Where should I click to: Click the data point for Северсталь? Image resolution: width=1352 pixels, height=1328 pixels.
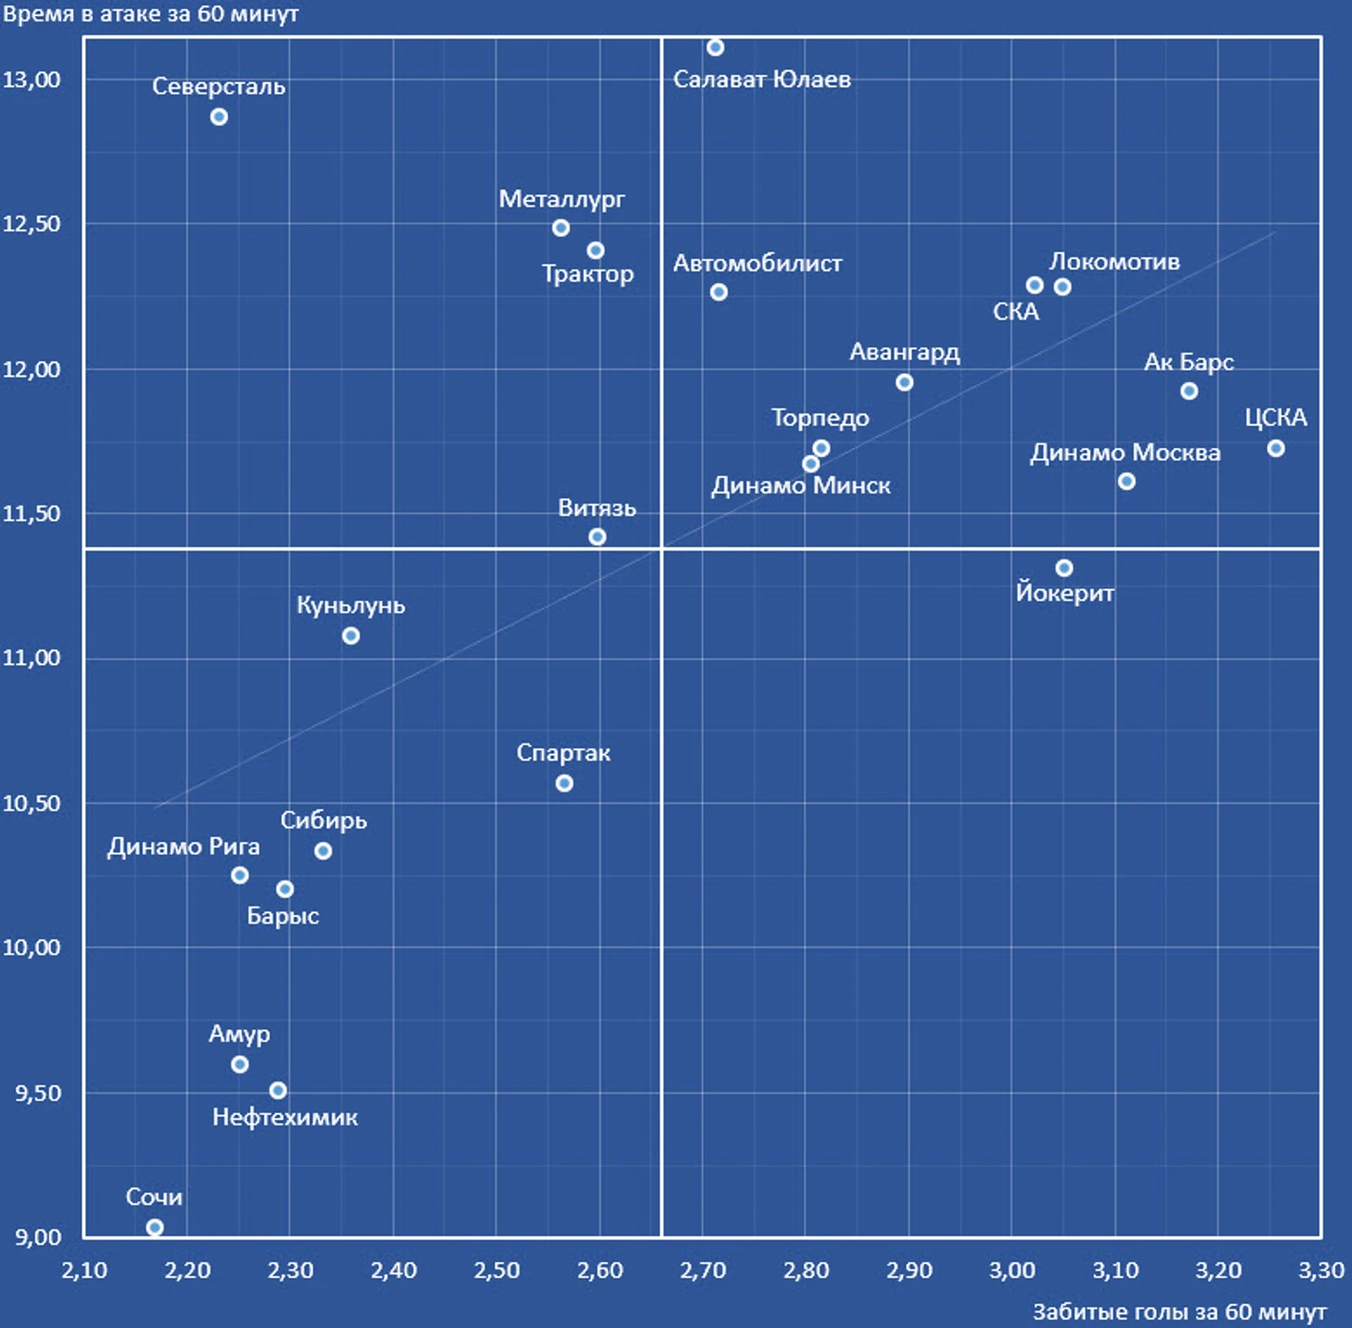click(219, 117)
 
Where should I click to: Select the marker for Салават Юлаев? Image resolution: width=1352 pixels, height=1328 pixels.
click(715, 47)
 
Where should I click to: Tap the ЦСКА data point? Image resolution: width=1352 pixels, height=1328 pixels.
click(1275, 448)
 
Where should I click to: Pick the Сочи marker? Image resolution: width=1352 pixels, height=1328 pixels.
click(155, 1227)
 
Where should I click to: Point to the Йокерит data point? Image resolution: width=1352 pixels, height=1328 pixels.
click(1064, 568)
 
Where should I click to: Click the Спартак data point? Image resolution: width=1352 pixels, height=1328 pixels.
click(564, 783)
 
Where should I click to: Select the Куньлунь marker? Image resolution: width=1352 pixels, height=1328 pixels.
click(351, 636)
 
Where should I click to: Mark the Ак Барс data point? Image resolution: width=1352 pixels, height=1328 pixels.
click(1189, 392)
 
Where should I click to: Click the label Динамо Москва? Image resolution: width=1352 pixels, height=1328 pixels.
click(1124, 453)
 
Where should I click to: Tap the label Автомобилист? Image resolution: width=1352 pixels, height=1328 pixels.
click(757, 264)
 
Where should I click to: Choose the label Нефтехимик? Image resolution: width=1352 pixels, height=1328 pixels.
click(284, 1118)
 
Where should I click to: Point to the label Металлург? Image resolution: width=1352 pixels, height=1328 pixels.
click(561, 199)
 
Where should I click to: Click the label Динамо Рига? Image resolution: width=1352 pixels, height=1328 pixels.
click(183, 847)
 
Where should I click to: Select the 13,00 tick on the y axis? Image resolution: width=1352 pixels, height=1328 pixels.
click(31, 80)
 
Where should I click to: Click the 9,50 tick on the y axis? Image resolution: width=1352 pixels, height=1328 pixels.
click(37, 1093)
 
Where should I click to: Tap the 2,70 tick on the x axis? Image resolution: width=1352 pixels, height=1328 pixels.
click(703, 1271)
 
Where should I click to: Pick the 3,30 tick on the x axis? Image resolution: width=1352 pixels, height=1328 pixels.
click(1321, 1271)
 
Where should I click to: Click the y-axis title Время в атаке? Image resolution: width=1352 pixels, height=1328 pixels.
click(150, 14)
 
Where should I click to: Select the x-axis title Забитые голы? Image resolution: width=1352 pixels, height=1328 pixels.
click(1179, 1312)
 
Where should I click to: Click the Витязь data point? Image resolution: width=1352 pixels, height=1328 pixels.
click(597, 537)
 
